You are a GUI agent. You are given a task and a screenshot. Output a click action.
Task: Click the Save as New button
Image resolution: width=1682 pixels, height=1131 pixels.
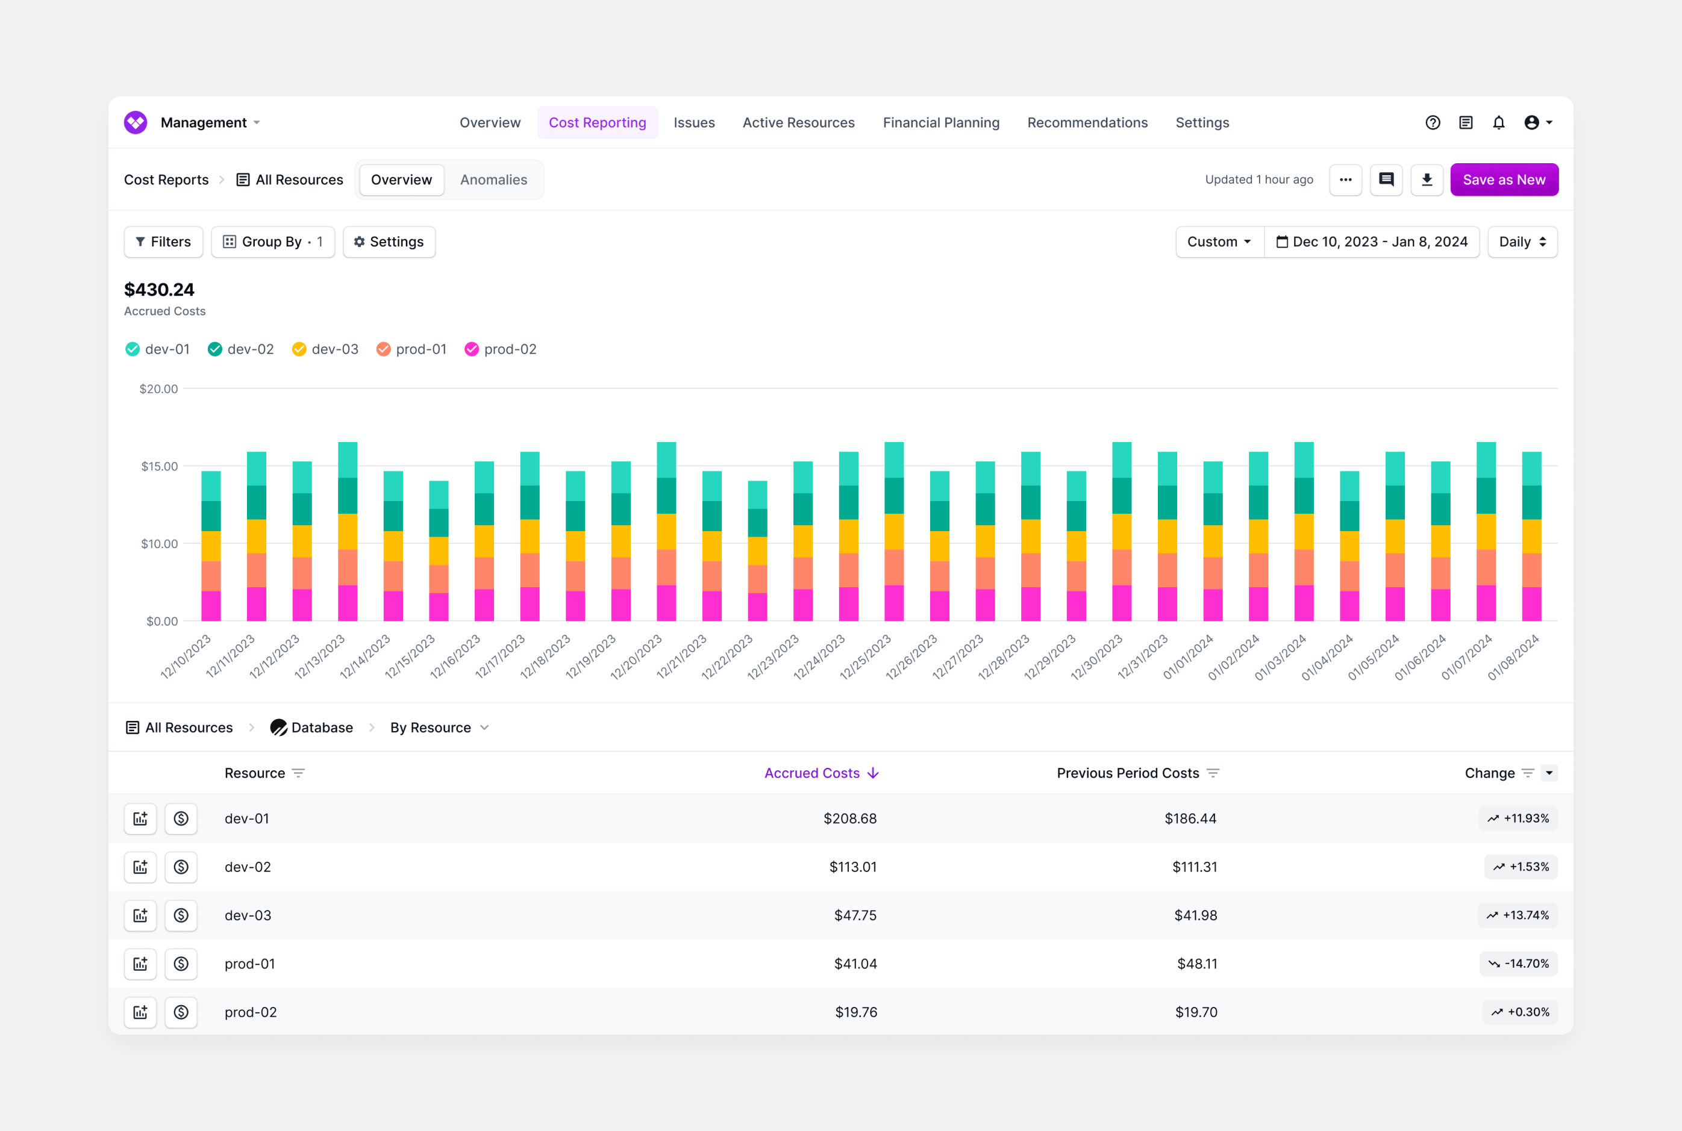[1504, 179]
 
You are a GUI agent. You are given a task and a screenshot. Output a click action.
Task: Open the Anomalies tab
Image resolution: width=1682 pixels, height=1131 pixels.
[493, 179]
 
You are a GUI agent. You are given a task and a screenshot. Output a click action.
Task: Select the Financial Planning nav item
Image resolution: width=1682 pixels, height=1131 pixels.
[941, 123]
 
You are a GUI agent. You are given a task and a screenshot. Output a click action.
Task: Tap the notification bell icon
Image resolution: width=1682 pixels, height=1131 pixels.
[1499, 123]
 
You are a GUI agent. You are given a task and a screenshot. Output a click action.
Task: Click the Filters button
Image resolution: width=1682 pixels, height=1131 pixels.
[163, 241]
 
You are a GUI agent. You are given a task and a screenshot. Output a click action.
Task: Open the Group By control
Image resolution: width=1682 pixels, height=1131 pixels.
[273, 241]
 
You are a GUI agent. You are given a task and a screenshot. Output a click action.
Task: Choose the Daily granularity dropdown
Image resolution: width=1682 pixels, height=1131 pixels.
[1522, 241]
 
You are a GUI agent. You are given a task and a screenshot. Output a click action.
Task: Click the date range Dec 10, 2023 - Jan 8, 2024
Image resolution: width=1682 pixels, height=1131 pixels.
[1372, 241]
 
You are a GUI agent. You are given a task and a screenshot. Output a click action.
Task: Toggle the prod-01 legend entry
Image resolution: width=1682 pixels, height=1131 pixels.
[411, 349]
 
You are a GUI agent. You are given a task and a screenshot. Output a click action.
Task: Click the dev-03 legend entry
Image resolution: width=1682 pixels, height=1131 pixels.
[325, 349]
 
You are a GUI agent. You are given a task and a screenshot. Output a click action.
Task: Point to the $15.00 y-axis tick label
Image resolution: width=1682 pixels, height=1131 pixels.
[160, 466]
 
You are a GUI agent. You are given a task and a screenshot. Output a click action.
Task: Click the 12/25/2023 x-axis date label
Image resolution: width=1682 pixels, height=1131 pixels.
[866, 657]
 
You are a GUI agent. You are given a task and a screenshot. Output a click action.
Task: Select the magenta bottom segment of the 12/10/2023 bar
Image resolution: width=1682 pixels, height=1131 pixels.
[211, 606]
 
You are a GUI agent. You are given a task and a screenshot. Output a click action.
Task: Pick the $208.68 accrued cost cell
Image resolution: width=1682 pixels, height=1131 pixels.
[850, 818]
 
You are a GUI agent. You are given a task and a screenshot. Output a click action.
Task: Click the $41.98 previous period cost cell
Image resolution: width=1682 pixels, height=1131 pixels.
[1195, 915]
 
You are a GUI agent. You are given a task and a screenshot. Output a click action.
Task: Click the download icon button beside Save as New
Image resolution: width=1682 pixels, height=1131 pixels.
[1427, 179]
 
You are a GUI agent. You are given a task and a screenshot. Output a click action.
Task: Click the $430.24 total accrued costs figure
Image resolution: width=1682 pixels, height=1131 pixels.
[160, 290]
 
